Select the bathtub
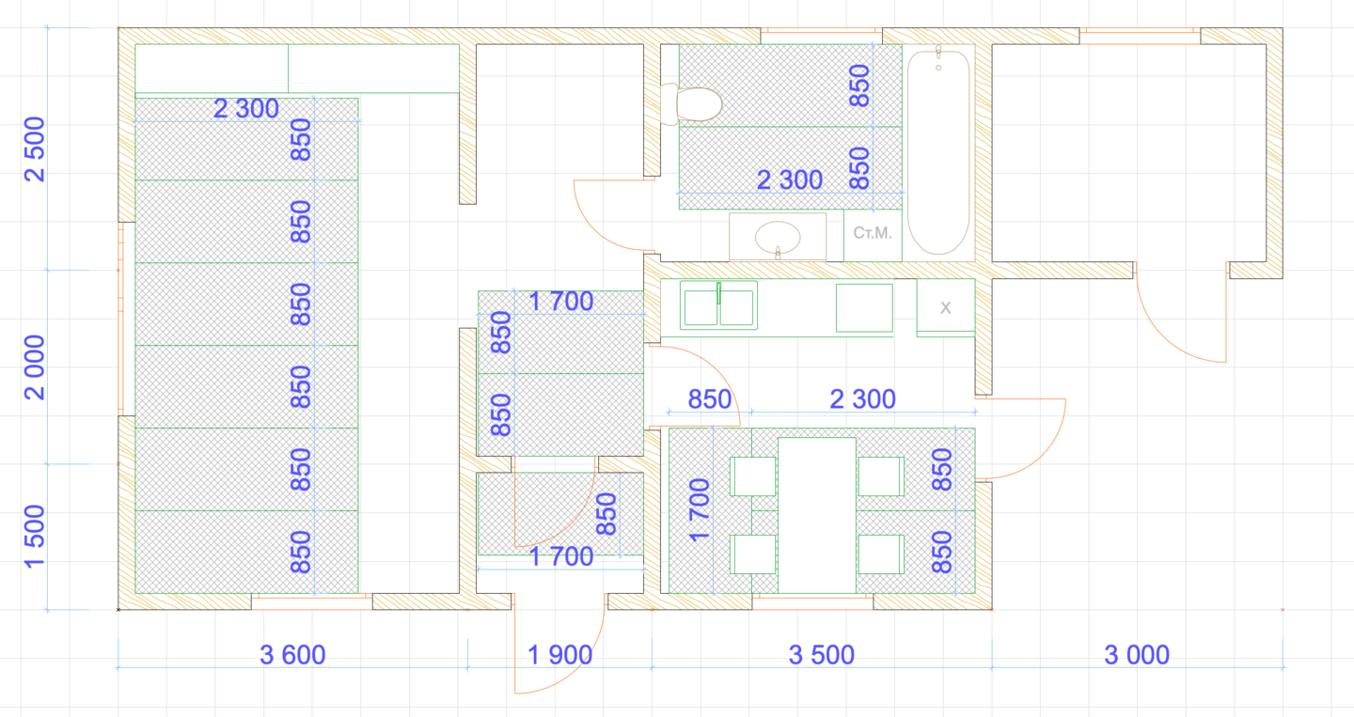(938, 152)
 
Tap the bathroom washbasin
(778, 238)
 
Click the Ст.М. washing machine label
(873, 233)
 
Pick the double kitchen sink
(718, 305)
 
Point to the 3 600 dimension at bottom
(292, 655)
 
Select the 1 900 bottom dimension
(559, 655)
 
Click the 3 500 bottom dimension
(822, 655)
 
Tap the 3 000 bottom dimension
(1137, 655)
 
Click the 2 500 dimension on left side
(35, 149)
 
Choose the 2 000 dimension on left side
(35, 367)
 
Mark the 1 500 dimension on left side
(35, 537)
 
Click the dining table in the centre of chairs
(816, 515)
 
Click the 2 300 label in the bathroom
(790, 180)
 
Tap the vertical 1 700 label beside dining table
(699, 510)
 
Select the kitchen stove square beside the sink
(864, 308)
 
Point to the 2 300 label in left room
(246, 109)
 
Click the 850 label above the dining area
(710, 399)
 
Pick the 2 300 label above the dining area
(862, 399)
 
